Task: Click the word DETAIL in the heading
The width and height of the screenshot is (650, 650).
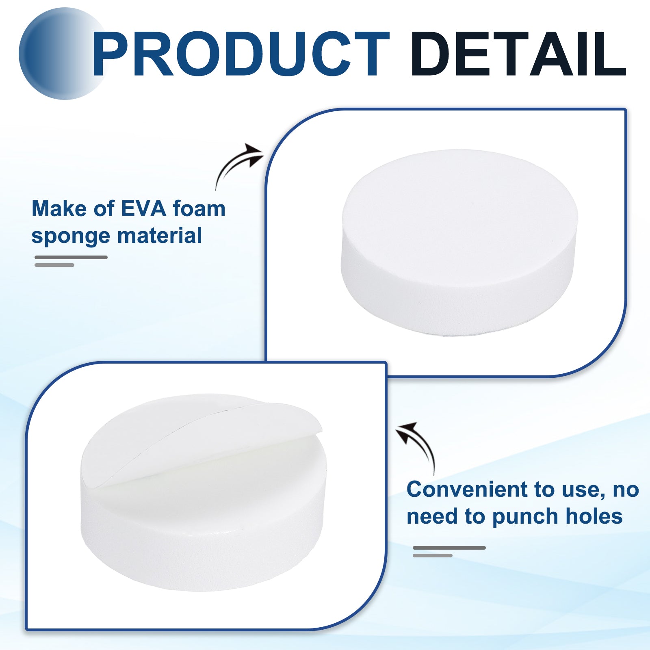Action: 519,54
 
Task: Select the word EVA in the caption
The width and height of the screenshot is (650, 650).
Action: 144,209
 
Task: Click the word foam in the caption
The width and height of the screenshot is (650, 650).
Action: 199,209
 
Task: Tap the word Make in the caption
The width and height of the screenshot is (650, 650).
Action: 59,209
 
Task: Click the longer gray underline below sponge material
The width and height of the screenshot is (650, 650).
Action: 71,257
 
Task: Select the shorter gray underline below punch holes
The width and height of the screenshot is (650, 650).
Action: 433,555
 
